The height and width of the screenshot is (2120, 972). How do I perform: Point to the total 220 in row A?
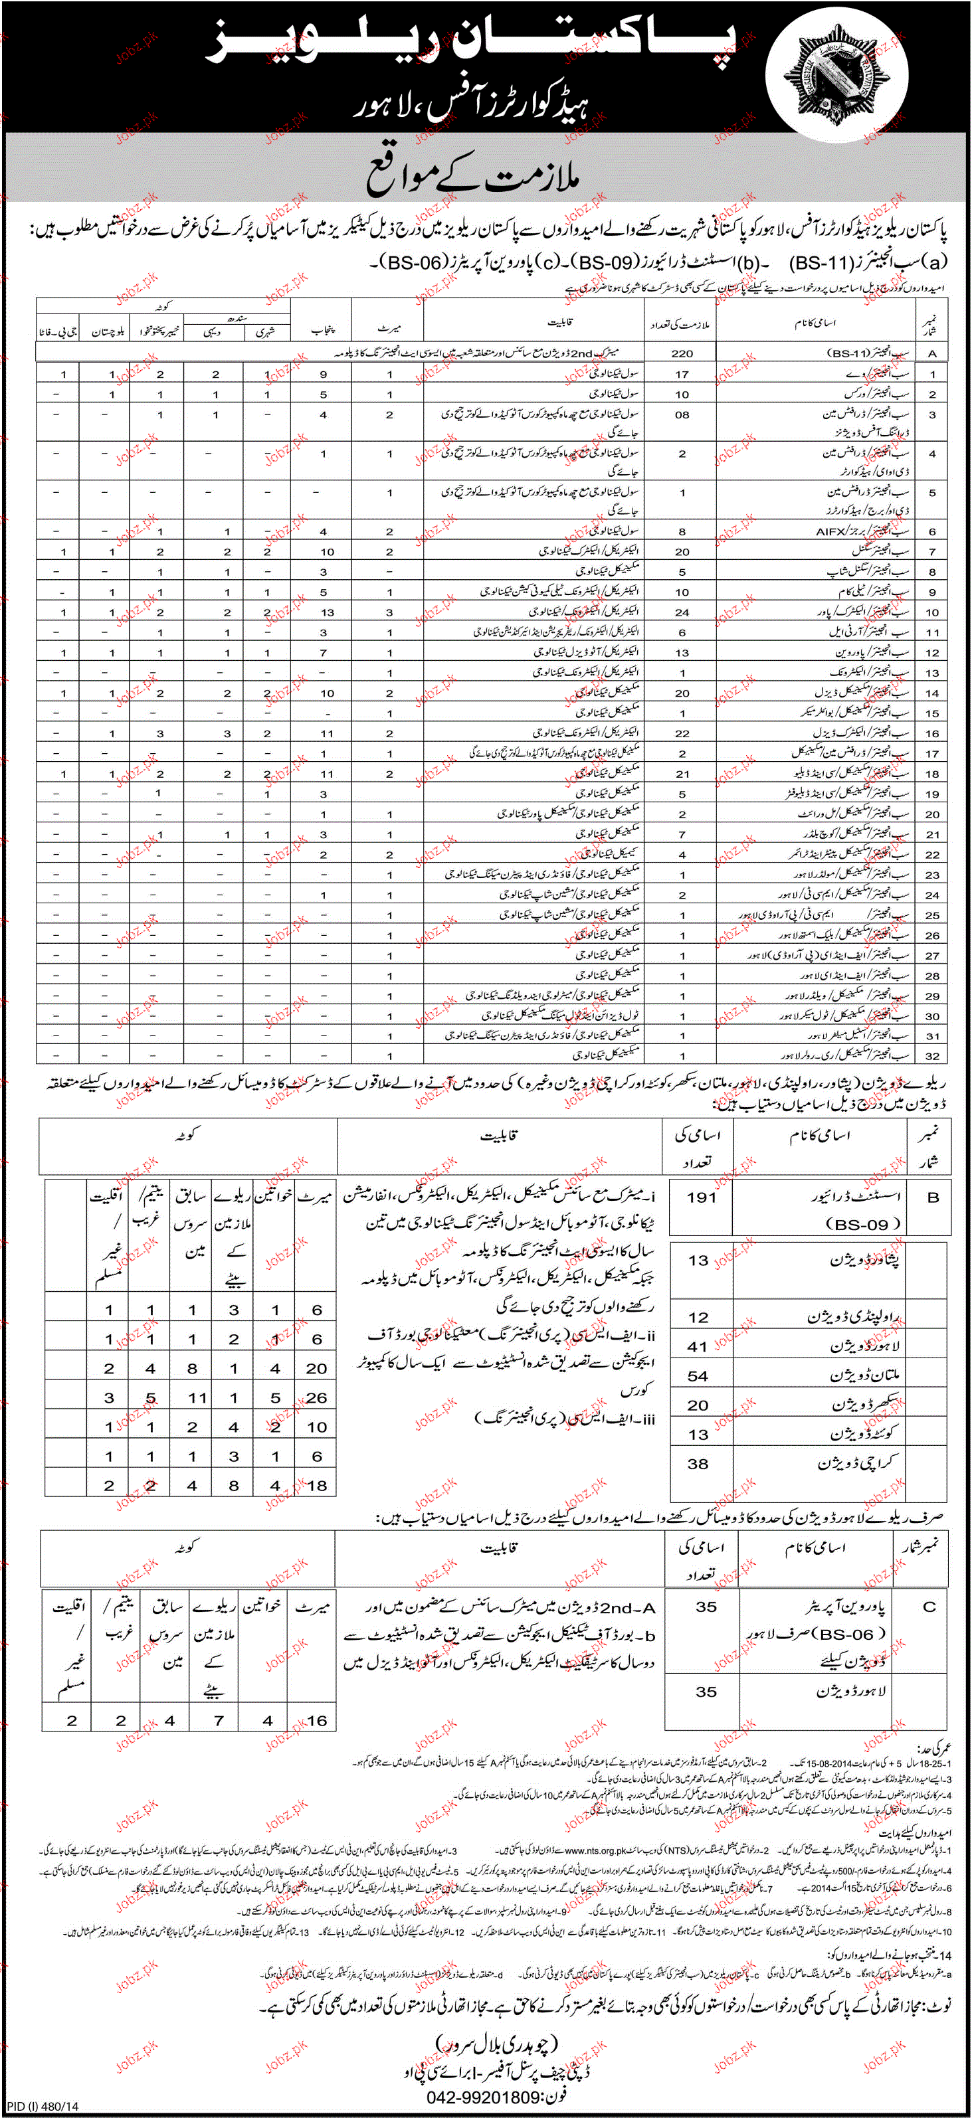tap(682, 353)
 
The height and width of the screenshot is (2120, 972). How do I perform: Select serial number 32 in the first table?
tap(931, 1056)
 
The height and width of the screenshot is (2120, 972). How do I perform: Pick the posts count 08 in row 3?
tap(682, 415)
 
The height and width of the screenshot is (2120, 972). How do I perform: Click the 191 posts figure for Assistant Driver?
tap(701, 1197)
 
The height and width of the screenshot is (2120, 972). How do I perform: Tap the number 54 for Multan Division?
tap(698, 1376)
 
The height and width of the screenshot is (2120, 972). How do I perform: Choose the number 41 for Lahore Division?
tap(698, 1346)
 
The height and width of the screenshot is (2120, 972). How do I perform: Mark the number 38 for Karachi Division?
tap(698, 1463)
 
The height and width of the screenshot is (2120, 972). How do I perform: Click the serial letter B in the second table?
tap(933, 1197)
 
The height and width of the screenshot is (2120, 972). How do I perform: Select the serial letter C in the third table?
tap(930, 1607)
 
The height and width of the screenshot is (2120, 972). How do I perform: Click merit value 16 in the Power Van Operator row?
tap(316, 1720)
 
